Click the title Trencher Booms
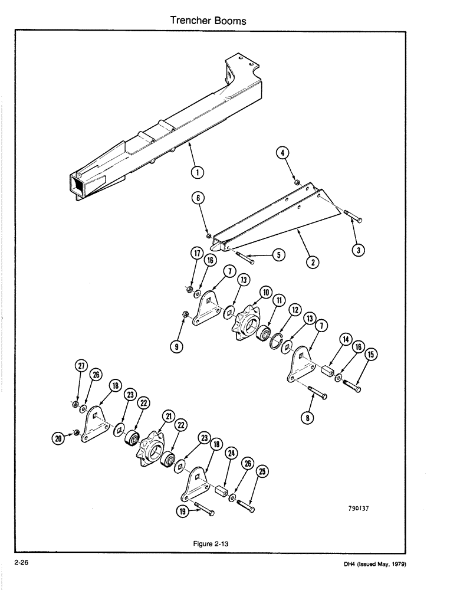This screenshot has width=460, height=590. (208, 21)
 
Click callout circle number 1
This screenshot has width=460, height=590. (198, 172)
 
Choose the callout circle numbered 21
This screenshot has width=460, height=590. (169, 417)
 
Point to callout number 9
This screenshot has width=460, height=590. (175, 347)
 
